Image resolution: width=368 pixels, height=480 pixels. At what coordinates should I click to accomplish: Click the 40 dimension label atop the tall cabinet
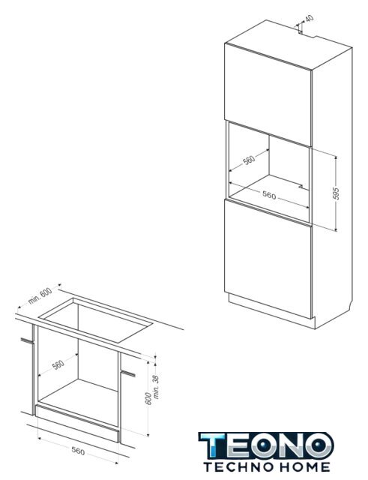[x=310, y=18]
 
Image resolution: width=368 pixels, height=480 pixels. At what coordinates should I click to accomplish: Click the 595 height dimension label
[x=336, y=193]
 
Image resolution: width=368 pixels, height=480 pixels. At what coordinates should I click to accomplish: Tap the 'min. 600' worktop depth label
[x=40, y=296]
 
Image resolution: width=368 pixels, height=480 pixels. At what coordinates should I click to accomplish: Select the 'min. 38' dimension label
[x=157, y=387]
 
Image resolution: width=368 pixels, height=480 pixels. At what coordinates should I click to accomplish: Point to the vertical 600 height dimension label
[x=148, y=398]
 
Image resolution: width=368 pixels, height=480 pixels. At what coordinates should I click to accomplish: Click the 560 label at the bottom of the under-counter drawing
[x=78, y=451]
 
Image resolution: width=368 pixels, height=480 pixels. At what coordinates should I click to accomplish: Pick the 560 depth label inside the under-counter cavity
[x=58, y=364]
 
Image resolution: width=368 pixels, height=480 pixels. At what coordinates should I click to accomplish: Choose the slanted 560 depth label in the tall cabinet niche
[x=249, y=160]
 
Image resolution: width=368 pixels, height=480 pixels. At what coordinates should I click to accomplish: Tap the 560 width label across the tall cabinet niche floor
[x=269, y=195]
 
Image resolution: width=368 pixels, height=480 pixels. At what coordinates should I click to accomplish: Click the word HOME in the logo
[x=303, y=467]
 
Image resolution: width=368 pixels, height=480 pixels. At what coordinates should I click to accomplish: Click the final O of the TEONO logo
[x=318, y=445]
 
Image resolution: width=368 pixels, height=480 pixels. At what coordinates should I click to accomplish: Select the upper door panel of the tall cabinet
[x=268, y=94]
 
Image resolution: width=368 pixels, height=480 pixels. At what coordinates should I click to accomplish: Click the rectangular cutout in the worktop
[x=96, y=319]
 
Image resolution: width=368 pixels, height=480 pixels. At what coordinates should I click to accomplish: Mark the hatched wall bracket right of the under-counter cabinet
[x=128, y=373]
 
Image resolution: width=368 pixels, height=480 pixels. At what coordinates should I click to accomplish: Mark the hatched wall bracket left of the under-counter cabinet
[x=27, y=340]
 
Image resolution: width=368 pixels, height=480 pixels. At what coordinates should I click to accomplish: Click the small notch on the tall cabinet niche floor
[x=301, y=186]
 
